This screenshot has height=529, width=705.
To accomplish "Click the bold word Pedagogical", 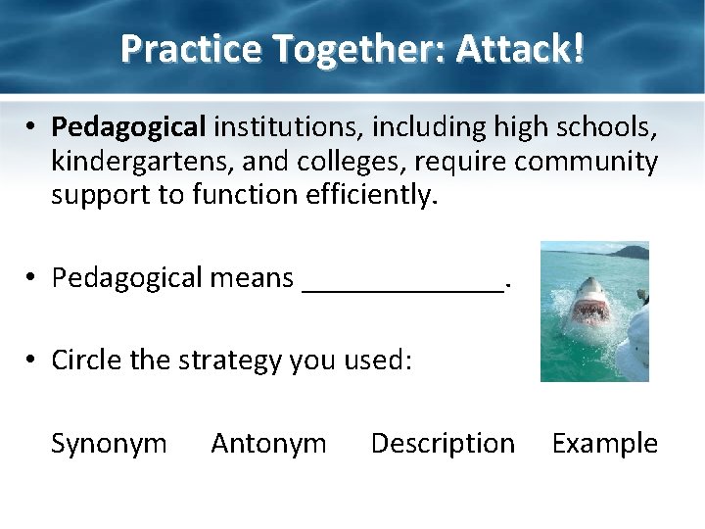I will click(129, 126).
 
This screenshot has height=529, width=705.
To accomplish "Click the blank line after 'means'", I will click(404, 279).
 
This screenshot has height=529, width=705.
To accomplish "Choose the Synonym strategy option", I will click(109, 444).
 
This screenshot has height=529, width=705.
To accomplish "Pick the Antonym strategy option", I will click(268, 444).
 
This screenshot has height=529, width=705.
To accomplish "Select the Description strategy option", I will click(443, 444).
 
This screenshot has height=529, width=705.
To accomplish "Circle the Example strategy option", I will click(605, 444).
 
